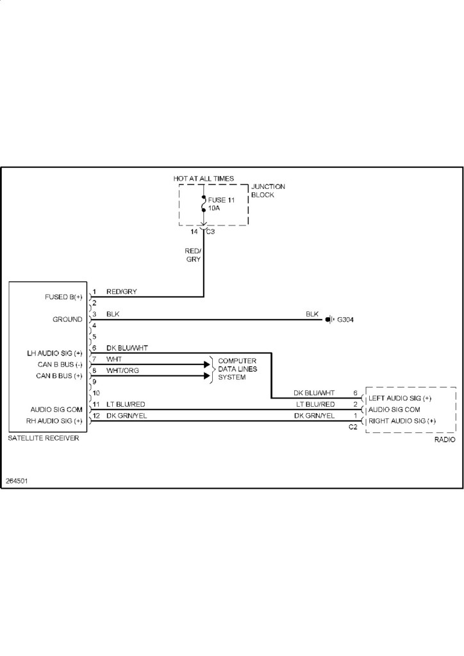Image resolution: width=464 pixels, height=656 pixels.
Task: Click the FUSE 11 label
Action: [222, 201]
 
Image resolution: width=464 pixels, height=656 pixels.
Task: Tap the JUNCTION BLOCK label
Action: [268, 190]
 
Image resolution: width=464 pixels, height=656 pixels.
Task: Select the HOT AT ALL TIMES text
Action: [204, 177]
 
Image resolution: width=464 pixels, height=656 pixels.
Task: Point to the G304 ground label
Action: [345, 319]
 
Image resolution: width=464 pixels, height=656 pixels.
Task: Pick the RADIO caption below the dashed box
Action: [444, 440]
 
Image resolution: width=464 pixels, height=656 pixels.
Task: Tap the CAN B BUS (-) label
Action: [59, 364]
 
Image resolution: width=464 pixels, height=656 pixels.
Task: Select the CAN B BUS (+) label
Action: [59, 375]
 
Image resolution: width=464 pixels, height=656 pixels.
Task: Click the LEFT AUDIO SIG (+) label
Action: [400, 398]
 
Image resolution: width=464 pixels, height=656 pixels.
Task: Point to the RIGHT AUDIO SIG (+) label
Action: [402, 421]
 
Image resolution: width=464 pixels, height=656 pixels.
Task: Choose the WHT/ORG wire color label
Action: [122, 370]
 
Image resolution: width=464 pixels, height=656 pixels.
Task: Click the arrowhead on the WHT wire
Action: [207, 364]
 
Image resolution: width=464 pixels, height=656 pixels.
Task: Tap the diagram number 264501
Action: [17, 480]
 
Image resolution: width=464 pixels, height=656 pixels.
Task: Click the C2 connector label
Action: [352, 427]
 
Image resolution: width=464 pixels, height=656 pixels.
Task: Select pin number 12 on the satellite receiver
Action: [97, 415]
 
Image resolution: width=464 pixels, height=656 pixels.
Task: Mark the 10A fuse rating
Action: [214, 209]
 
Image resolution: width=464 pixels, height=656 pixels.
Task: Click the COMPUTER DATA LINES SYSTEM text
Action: [237, 369]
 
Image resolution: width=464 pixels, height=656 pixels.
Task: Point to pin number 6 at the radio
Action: [355, 393]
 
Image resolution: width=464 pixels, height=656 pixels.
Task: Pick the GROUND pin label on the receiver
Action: [67, 319]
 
